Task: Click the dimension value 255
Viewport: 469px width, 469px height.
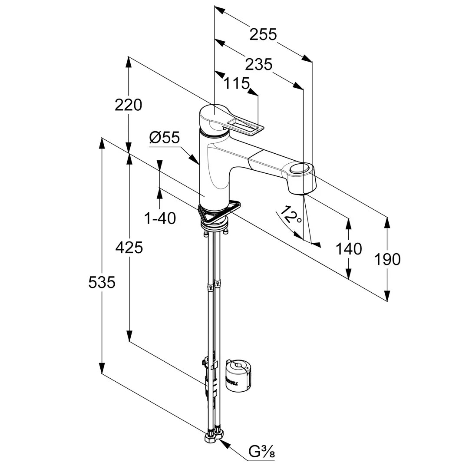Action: click(263, 34)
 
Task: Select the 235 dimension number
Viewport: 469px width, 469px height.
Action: click(258, 64)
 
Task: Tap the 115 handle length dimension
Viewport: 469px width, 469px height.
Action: click(237, 83)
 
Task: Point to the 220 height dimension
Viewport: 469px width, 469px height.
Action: click(128, 105)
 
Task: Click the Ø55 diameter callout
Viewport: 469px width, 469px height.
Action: click(164, 138)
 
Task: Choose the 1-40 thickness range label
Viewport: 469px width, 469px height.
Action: click(160, 218)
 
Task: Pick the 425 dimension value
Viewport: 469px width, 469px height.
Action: click(129, 248)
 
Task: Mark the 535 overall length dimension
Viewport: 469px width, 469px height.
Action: click(102, 282)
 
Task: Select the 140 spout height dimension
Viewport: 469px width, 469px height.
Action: click(348, 249)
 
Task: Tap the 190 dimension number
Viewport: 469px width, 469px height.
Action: click(387, 259)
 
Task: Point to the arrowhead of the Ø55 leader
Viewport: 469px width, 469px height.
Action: click(197, 162)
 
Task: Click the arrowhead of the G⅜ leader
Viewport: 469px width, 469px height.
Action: click(224, 442)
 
